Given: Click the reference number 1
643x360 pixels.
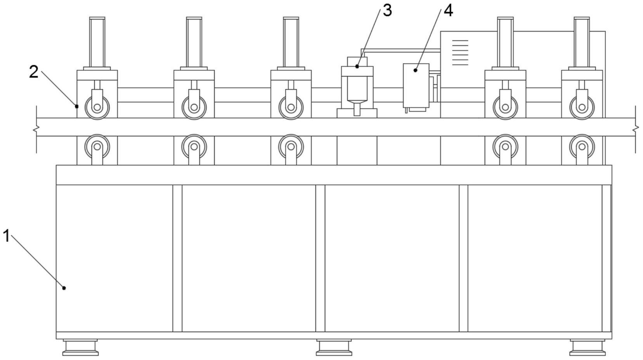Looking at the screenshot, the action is pos(6,236).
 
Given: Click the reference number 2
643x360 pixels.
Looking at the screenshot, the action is pos(34,72).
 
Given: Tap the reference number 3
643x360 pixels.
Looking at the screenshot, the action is pos(387,10).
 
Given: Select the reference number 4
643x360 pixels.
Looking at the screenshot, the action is pos(448,10).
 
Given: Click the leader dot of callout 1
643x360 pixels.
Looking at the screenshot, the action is pos(64,288).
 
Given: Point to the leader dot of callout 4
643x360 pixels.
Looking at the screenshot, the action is pos(415,70).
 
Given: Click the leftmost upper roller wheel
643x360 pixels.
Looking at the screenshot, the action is pos(97,107).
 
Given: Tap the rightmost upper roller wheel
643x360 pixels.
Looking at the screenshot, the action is pos(582,107).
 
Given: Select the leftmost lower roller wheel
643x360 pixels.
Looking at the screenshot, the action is pos(97,147).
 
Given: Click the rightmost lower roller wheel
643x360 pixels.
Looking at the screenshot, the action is pos(582,147).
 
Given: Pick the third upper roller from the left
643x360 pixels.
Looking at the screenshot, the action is pos(291,107).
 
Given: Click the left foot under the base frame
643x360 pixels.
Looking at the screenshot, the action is pos(80,347).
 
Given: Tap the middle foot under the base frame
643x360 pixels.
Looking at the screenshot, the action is pos(334,347).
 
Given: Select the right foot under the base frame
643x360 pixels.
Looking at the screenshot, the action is pos(587,347).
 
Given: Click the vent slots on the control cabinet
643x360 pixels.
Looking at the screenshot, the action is pos(460,52).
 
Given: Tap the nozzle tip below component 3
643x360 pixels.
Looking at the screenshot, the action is pos(357,110).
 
